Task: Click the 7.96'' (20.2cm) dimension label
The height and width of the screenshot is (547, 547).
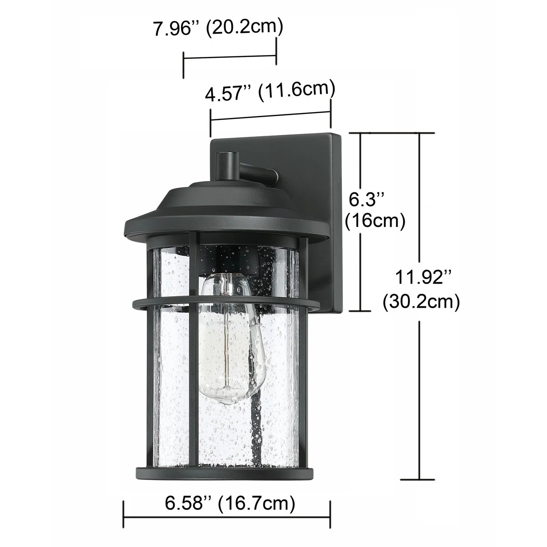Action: pos(218,28)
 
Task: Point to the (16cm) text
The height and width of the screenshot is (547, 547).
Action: pos(375,221)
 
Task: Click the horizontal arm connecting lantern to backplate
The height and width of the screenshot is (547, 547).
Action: pos(258,174)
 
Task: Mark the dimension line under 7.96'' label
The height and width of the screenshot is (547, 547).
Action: pos(230,57)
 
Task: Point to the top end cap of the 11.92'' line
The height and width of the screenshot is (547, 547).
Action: pos(419,133)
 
